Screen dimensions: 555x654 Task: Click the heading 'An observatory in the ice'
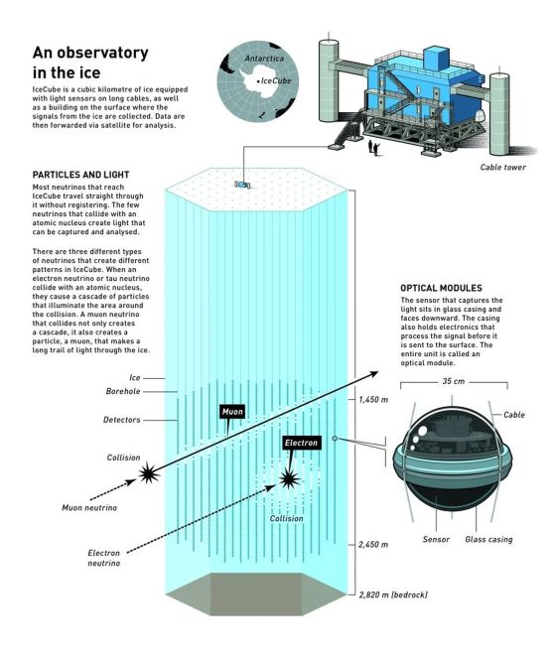pos(90,63)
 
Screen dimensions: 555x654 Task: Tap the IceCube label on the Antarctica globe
pos(276,81)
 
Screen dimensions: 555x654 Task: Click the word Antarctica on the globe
pos(264,59)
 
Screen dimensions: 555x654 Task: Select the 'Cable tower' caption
pos(502,168)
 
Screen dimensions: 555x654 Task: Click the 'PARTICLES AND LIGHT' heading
pos(81,175)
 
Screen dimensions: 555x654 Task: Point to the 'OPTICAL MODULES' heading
pos(441,288)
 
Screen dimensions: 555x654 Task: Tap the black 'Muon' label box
pos(232,412)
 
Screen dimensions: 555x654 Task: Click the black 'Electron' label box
pos(301,443)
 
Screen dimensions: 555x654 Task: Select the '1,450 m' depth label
pos(373,400)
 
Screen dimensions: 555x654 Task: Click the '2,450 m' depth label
pos(373,544)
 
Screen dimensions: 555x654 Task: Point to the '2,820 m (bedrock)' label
pos(393,594)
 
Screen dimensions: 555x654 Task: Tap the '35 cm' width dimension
pos(454,381)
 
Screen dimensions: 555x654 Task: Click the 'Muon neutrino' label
pos(89,507)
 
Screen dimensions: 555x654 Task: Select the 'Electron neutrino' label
pos(104,558)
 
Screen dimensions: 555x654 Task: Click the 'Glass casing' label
pos(488,539)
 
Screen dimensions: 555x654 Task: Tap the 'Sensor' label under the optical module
pos(436,539)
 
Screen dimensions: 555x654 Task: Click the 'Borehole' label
pos(123,391)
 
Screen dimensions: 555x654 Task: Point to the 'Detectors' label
pos(122,420)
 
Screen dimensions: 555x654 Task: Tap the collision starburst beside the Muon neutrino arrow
pos(149,473)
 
